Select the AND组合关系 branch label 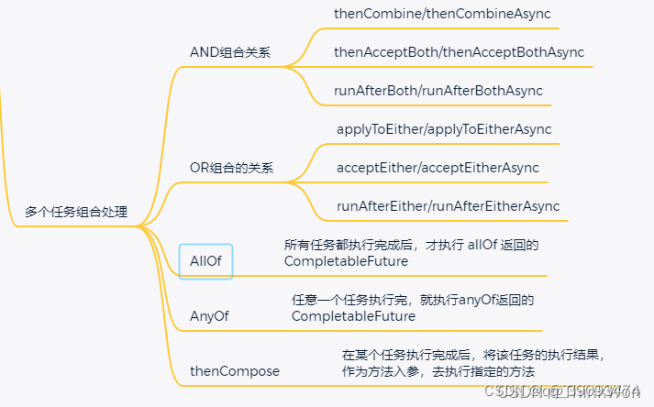229,52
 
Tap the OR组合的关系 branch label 231,169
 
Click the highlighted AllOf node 205,261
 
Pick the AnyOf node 208,316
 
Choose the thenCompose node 235,371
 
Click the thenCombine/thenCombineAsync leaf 435,15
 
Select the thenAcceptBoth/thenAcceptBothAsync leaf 459,52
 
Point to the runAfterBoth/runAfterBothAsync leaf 438,91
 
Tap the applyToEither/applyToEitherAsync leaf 444,129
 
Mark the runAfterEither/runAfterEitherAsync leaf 448,206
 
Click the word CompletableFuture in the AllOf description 346,261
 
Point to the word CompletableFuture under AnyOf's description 353,316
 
